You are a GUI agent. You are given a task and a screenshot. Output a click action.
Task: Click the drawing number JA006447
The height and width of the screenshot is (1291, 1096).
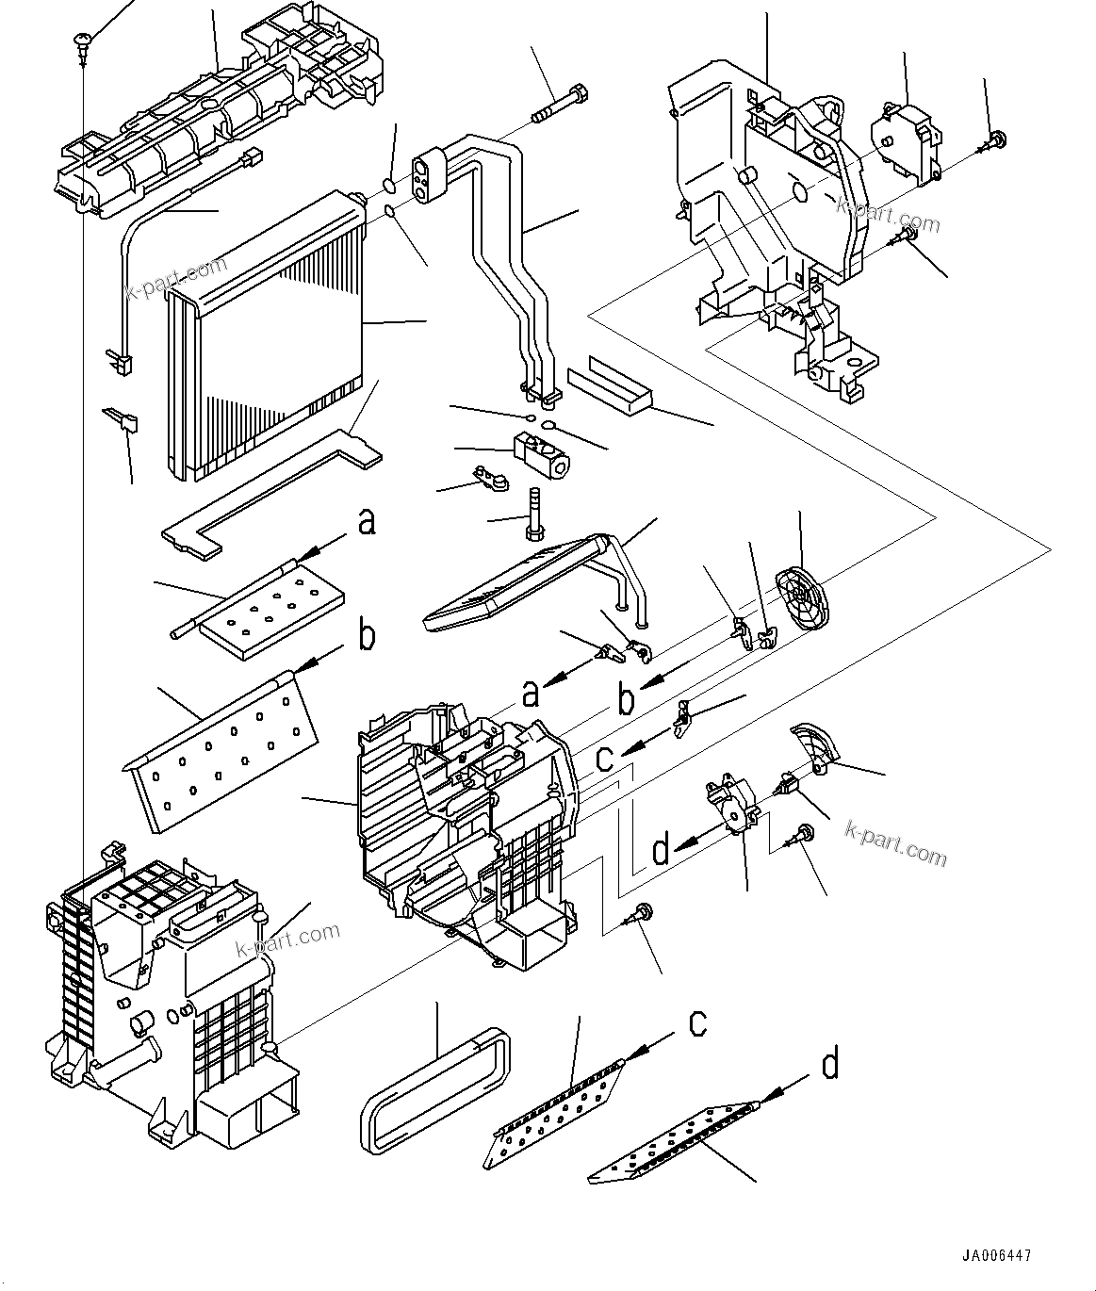996,1256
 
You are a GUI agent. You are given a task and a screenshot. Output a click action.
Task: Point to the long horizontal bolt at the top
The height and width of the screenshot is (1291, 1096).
562,105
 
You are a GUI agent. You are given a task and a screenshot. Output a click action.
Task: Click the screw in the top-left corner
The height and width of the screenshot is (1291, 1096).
82,42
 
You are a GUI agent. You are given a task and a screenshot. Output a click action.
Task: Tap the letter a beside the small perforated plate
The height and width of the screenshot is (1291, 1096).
366,521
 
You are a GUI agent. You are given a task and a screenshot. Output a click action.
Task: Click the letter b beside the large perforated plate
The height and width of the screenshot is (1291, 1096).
366,636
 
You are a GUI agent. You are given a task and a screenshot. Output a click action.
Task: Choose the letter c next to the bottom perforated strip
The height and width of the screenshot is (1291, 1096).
696,1023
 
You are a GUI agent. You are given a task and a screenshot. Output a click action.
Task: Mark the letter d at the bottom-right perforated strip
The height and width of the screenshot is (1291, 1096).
829,1065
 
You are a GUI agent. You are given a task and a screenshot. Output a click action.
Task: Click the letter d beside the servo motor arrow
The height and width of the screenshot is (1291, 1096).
661,851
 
